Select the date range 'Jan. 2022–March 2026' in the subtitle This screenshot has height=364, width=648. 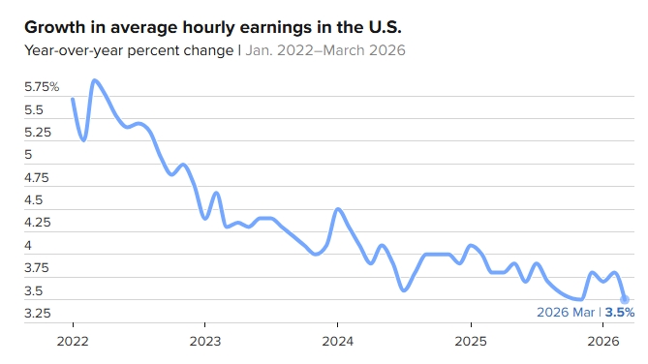click(x=325, y=50)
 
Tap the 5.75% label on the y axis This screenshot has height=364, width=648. click(x=42, y=87)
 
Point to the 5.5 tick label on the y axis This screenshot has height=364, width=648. click(x=34, y=110)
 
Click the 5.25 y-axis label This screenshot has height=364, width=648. click(x=38, y=133)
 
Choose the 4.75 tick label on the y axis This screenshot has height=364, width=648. click(x=37, y=178)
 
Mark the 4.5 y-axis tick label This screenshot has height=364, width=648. click(x=34, y=200)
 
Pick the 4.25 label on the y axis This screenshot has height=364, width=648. click(x=37, y=223)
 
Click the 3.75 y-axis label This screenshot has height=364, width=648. click(x=37, y=268)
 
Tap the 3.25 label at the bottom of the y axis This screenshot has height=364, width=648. click(x=37, y=314)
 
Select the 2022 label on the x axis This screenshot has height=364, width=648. click(x=73, y=342)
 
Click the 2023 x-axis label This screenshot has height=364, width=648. click(x=205, y=342)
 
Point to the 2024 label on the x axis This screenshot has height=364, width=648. click(x=338, y=342)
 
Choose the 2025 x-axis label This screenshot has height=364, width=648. click(x=471, y=342)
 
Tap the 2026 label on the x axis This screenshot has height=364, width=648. click(x=603, y=342)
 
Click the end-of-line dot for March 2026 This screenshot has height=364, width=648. click(x=625, y=299)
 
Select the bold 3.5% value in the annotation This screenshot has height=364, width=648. click(x=620, y=313)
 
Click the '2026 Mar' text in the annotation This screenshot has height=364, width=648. click(x=566, y=313)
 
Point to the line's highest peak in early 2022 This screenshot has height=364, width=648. click(x=95, y=80)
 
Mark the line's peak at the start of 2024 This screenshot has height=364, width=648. click(x=338, y=209)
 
